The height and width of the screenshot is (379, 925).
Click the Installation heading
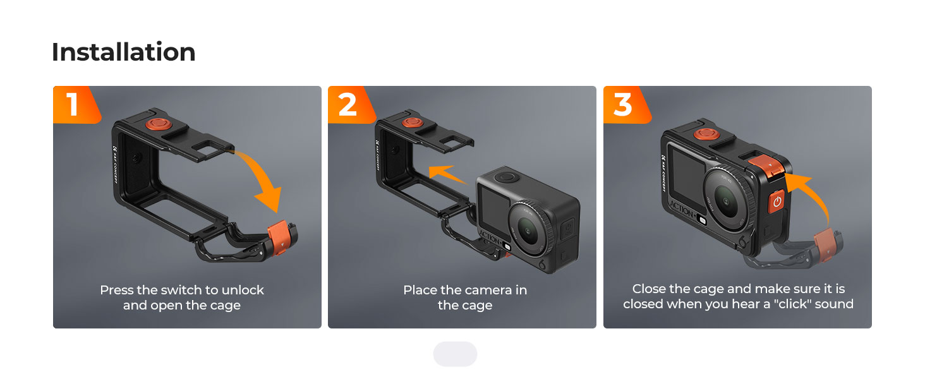[123, 52]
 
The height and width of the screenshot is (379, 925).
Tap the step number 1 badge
[77, 105]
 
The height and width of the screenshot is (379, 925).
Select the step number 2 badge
[351, 105]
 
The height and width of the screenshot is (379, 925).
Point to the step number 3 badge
[627, 105]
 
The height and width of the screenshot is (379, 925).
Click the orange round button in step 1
[159, 124]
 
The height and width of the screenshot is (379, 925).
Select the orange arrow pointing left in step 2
[447, 174]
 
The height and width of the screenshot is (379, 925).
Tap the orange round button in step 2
[413, 123]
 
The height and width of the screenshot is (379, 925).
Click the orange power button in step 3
[777, 202]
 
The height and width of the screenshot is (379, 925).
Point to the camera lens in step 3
[726, 200]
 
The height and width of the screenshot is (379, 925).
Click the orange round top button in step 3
[706, 134]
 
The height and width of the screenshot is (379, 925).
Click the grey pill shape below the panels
[455, 354]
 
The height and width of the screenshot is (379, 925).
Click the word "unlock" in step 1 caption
[243, 290]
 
